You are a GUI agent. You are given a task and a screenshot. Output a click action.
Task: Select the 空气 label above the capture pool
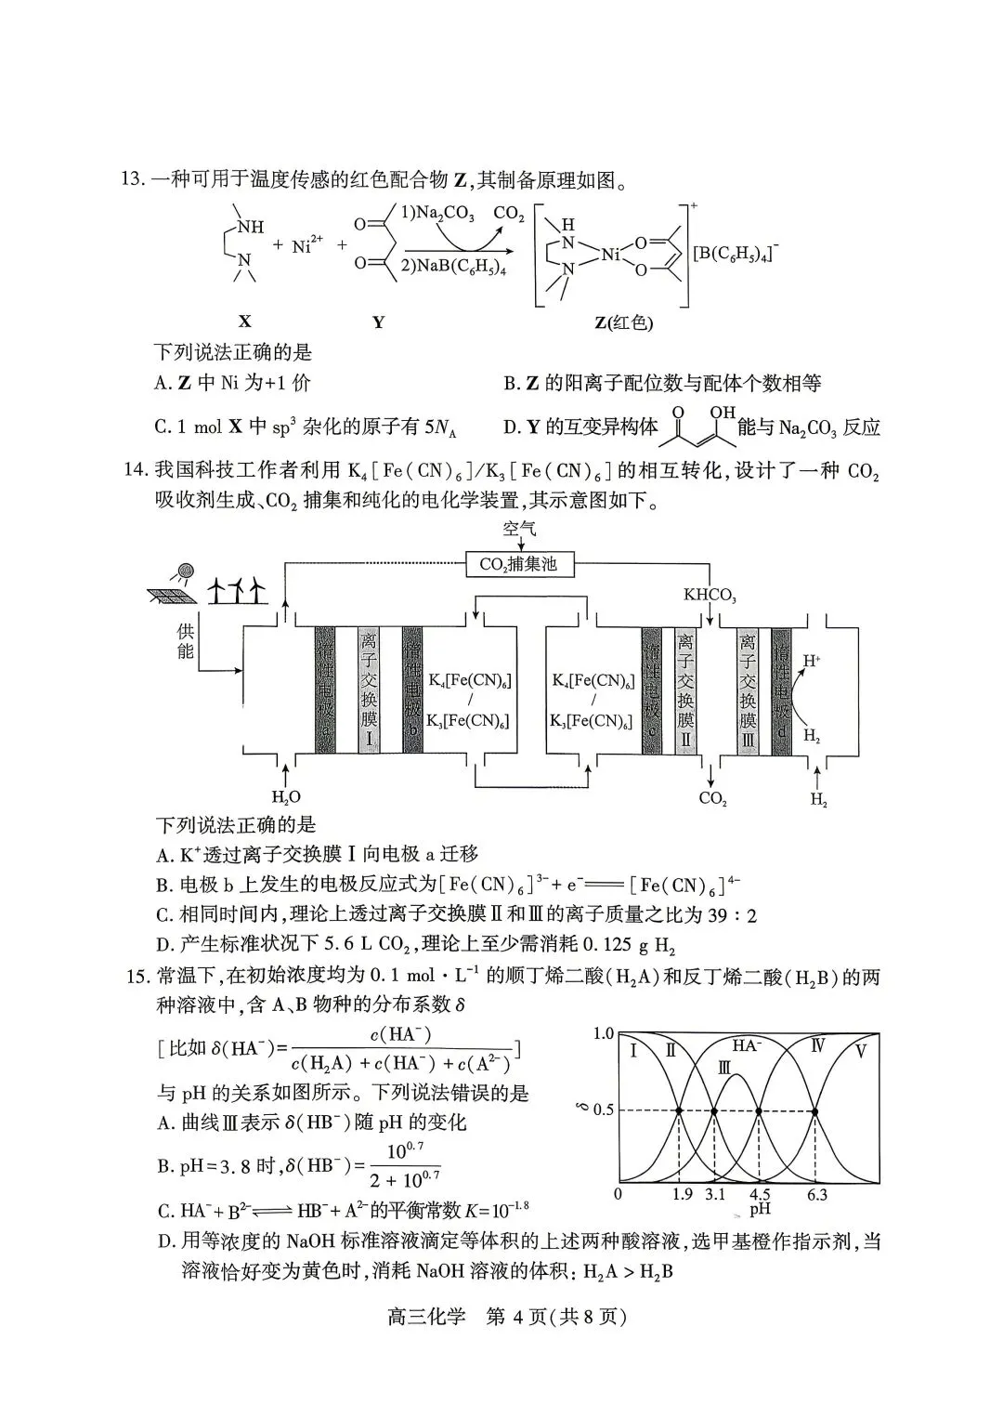coord(520,530)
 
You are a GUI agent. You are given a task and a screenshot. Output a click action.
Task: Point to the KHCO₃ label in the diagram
coord(710,594)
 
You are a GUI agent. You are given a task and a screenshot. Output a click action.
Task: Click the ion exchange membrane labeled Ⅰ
coord(370,690)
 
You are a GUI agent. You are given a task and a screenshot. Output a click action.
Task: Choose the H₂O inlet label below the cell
coord(286,796)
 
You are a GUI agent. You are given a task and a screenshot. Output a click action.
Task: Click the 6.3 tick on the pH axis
coord(816,1194)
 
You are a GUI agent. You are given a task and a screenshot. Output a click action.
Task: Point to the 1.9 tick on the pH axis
coord(682,1194)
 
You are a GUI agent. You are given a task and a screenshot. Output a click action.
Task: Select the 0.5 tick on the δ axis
coord(604,1110)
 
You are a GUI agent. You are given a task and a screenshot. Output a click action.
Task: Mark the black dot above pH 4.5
coord(760,1111)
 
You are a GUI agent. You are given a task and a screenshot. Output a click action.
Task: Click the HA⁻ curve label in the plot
coord(747,1045)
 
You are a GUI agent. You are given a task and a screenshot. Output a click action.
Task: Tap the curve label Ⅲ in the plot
coord(725,1068)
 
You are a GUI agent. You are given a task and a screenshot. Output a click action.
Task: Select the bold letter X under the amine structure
coord(244,322)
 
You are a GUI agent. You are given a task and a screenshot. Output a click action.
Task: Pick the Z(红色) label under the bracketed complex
coord(623,322)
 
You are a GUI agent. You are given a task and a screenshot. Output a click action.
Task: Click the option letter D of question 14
coord(164,946)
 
